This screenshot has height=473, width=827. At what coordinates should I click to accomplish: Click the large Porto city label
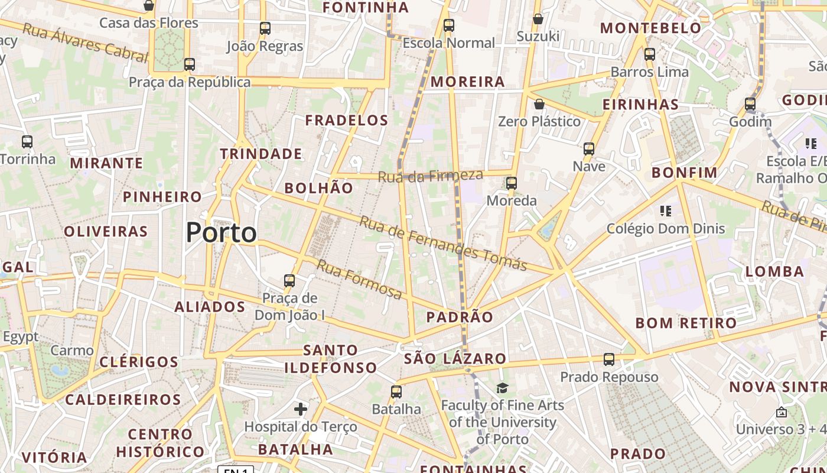coord(222,233)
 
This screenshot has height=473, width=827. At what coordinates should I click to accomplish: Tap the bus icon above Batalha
coord(396,391)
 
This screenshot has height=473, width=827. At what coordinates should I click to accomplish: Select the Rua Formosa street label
coord(359,280)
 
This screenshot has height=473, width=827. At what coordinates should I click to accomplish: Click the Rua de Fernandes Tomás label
coord(443,244)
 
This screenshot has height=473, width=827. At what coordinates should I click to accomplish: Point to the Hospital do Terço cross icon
coord(301,409)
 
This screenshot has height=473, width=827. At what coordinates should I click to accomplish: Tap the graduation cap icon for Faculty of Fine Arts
coord(502,388)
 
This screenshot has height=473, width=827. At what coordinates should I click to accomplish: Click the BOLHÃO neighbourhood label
coord(319,188)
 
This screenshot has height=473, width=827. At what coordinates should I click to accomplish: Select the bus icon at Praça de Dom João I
coord(289,280)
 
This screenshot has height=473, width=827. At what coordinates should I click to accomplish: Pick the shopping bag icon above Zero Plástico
coord(539,105)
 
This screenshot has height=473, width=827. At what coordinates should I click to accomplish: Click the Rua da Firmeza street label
coord(430,176)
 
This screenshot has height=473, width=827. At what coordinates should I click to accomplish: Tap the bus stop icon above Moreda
coord(512,183)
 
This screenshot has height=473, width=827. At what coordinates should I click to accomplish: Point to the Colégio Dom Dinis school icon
coord(666,210)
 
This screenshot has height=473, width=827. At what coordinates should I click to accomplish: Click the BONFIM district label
coord(684,173)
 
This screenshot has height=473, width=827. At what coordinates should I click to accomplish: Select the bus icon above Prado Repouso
coord(609,359)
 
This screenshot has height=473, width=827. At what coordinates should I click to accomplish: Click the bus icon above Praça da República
coord(190,64)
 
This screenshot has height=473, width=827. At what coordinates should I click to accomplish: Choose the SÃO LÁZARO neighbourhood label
coord(455,358)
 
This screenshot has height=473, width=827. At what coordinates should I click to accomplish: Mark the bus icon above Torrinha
coord(27,142)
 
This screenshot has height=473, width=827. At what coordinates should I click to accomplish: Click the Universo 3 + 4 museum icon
coord(782,412)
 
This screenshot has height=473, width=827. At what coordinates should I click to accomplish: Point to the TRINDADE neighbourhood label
coord(261,154)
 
